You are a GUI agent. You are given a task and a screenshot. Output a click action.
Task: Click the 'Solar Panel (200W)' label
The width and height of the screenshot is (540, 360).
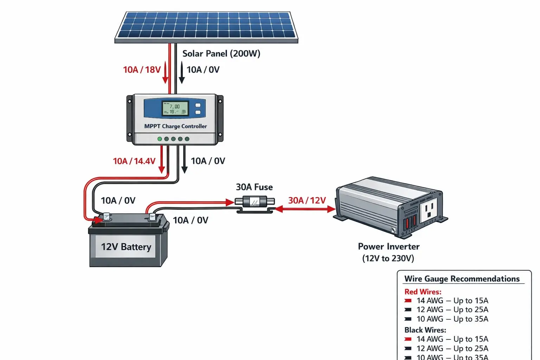[x=221, y=54]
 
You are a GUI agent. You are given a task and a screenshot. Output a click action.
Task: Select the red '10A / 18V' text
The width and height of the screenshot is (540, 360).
[x=142, y=70]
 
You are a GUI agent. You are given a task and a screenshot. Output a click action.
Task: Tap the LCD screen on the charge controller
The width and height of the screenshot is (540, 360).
[x=175, y=108]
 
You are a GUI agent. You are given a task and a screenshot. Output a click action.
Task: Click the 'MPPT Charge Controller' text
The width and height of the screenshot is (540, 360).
[x=175, y=126]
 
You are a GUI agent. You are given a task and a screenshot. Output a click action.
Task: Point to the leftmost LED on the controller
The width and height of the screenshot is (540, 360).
[x=160, y=139]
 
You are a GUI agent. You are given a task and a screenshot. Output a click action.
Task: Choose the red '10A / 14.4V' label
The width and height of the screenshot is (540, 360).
[x=134, y=161]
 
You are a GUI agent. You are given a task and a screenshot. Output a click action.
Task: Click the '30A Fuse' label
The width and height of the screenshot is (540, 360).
[x=254, y=187]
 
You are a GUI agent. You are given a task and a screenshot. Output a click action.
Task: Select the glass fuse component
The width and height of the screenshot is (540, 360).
[x=255, y=202]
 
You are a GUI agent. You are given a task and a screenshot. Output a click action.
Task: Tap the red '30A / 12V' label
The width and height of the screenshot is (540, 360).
[x=307, y=200]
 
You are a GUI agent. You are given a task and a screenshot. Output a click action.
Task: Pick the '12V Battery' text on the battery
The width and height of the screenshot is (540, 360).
[x=126, y=247]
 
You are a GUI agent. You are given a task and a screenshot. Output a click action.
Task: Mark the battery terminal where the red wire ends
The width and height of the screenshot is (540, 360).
[x=106, y=217]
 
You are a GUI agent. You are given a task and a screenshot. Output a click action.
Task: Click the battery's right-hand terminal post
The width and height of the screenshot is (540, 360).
[x=152, y=217]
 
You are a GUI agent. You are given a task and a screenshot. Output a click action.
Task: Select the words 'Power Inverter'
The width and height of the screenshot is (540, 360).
[x=388, y=246]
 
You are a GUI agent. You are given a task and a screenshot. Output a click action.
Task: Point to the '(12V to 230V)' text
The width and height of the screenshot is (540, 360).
[x=388, y=258]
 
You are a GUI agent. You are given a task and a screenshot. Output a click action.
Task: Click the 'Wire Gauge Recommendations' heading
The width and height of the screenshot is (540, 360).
[x=462, y=279]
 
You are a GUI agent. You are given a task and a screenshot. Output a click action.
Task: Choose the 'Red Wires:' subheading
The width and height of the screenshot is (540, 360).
[x=423, y=292]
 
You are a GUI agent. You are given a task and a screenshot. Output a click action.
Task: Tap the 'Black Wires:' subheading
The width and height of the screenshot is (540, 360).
[x=425, y=330]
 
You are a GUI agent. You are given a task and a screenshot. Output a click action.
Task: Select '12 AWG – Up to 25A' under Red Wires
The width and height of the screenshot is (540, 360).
[x=452, y=310]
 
